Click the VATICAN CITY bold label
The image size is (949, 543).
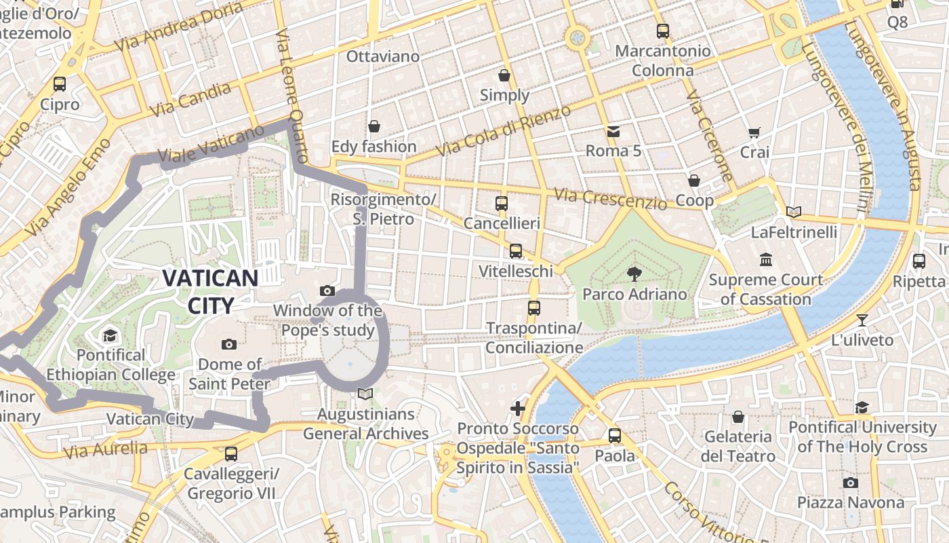tap(210, 292)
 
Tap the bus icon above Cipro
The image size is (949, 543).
tap(60, 84)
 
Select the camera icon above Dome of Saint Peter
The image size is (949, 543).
tap(229, 344)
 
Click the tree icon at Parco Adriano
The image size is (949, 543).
tap(634, 274)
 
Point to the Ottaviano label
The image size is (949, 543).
tap(383, 56)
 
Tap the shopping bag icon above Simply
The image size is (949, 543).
tap(504, 75)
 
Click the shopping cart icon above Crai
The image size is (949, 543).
tap(754, 132)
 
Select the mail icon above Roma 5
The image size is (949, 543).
tap(613, 131)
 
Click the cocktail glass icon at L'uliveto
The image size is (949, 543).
tap(862, 320)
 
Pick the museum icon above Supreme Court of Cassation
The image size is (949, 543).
tap(766, 259)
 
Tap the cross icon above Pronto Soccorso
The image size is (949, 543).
tap(518, 408)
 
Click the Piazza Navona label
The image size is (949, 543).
tap(850, 503)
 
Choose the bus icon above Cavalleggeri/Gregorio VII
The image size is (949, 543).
tap(231, 453)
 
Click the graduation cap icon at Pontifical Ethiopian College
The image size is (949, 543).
tap(110, 335)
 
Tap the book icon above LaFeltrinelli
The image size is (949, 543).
tap(794, 212)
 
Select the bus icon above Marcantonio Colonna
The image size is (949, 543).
tap(662, 31)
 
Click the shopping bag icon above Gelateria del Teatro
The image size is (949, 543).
tap(738, 416)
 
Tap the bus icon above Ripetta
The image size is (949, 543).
tap(919, 261)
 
